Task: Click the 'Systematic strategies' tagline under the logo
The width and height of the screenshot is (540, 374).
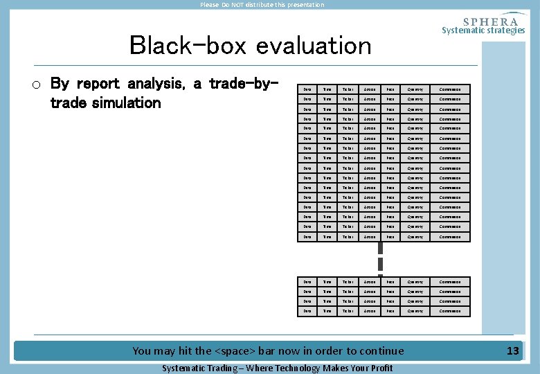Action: pyautogui.click(x=483, y=30)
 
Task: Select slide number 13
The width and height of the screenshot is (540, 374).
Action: pyautogui.click(x=512, y=351)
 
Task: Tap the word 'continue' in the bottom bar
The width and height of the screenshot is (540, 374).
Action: pyautogui.click(x=379, y=351)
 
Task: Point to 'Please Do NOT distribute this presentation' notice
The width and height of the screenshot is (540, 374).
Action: pyautogui.click(x=262, y=5)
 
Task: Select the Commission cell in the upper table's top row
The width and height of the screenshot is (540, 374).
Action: pyautogui.click(x=450, y=89)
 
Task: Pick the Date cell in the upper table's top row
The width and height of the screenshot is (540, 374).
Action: pyautogui.click(x=308, y=89)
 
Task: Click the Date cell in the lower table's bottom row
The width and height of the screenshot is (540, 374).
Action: pyautogui.click(x=308, y=311)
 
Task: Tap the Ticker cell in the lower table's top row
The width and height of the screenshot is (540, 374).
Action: pyautogui.click(x=348, y=282)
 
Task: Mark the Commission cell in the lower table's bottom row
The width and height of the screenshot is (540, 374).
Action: pyautogui.click(x=450, y=311)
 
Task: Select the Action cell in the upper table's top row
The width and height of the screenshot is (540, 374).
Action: pyautogui.click(x=371, y=89)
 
